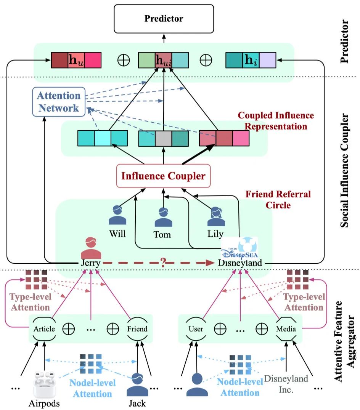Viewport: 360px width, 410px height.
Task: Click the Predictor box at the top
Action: tap(164, 18)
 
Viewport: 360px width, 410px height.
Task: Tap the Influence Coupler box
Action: tap(163, 176)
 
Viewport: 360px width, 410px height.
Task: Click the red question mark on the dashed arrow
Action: tap(164, 263)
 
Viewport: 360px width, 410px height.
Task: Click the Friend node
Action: tap(137, 329)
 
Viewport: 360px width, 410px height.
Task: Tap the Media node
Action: tap(287, 329)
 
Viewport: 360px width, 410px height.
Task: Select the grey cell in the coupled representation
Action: tap(163, 138)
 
